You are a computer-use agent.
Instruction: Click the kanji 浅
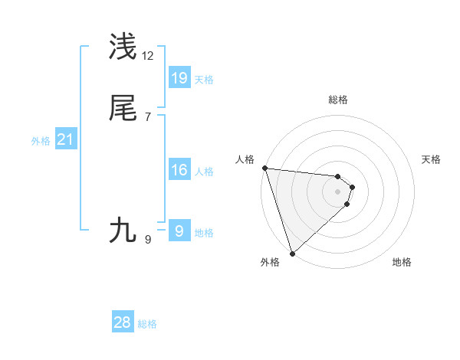[123, 47]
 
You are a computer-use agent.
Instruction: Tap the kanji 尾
[123, 109]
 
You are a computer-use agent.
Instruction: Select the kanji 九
[123, 229]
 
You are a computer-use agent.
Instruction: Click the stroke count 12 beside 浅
[148, 56]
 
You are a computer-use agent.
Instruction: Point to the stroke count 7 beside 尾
[148, 117]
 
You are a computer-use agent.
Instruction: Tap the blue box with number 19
[179, 77]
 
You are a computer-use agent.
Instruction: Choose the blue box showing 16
[179, 170]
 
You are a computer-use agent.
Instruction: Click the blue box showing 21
[65, 139]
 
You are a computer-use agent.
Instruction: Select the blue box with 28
[123, 322]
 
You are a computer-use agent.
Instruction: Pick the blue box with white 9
[179, 231]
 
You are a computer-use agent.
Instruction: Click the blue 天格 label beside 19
[204, 80]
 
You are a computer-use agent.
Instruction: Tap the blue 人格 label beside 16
[204, 172]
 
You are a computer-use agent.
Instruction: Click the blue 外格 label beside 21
[41, 141]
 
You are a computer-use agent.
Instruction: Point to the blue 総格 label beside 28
[147, 324]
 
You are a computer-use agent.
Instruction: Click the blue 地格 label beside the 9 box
[204, 233]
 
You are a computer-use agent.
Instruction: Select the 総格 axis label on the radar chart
[337, 100]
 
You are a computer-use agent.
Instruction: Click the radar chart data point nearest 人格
[264, 168]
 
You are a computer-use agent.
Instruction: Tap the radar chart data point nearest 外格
[292, 253]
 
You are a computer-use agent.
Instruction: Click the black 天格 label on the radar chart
[431, 159]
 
